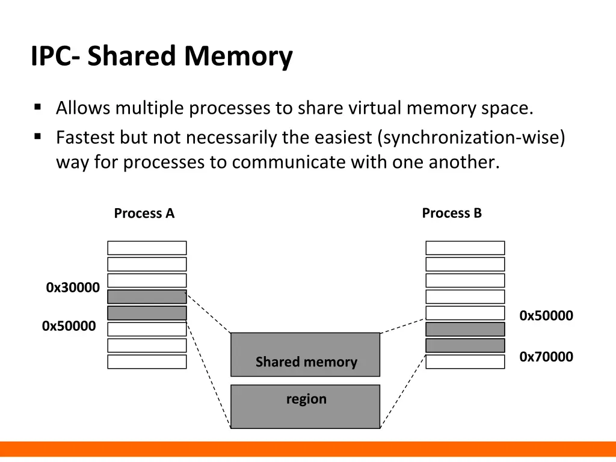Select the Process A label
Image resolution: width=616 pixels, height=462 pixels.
(144, 214)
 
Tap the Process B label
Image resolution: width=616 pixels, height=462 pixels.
(452, 214)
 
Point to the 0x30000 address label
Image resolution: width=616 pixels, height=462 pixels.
(73, 288)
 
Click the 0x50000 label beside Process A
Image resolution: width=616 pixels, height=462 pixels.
(69, 327)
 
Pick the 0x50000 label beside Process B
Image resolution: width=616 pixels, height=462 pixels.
(546, 316)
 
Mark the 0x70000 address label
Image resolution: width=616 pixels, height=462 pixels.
(546, 357)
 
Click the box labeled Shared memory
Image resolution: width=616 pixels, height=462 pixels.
(306, 355)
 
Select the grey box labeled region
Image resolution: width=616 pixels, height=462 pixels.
(306, 407)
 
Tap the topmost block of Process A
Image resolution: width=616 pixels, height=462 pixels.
(147, 248)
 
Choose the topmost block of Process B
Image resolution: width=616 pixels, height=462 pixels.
(465, 248)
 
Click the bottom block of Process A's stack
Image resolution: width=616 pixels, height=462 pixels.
(147, 362)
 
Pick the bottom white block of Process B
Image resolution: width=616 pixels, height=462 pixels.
(465, 362)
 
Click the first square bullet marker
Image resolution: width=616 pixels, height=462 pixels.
(38, 108)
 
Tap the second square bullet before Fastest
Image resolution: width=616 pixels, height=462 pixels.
(38, 137)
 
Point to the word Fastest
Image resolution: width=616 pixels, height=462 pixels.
(85, 138)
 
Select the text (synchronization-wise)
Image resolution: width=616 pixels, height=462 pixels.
(472, 138)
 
